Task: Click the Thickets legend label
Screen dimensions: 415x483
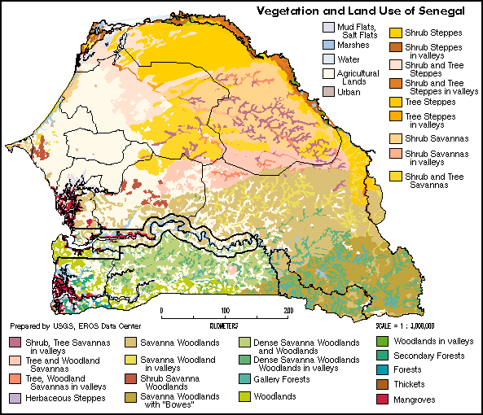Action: click(x=409, y=384)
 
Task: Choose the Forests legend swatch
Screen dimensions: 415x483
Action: click(x=383, y=369)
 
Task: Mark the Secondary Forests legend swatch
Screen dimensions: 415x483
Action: click(x=383, y=356)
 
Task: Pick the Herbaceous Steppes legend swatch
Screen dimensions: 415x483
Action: click(x=15, y=398)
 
